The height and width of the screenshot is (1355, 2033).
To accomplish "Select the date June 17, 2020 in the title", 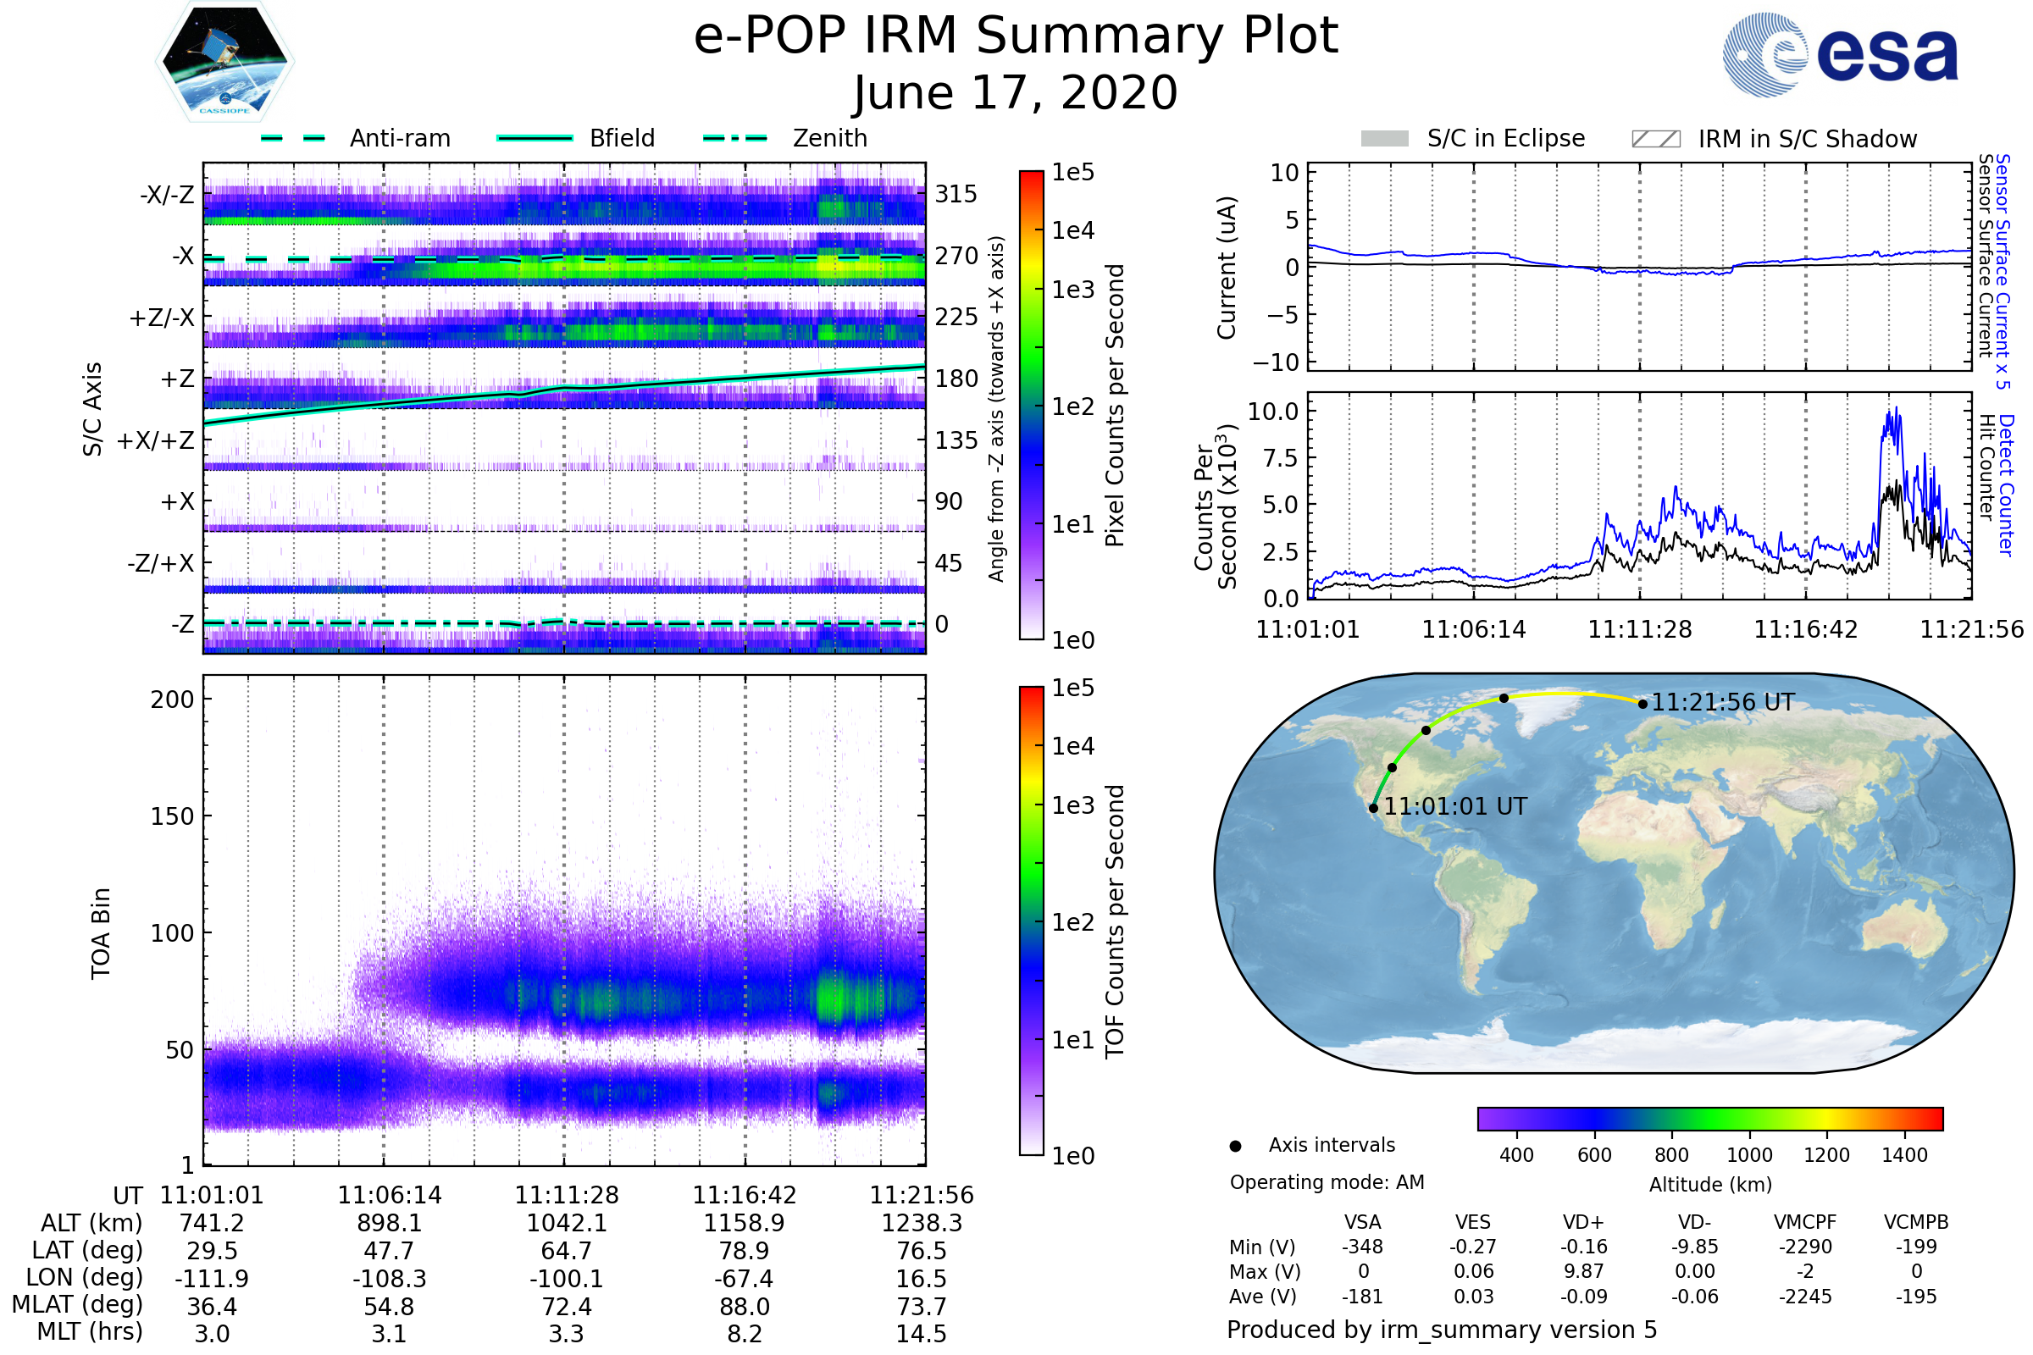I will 1016,93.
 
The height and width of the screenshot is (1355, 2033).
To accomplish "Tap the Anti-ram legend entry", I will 399,138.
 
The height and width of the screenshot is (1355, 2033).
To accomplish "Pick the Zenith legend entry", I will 829,138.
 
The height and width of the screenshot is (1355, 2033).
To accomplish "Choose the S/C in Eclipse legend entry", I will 1505,138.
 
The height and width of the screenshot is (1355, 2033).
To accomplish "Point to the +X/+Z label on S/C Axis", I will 156,440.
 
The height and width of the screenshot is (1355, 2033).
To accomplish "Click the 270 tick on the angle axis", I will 956,256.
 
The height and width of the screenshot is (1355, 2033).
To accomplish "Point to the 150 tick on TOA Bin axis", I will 172,816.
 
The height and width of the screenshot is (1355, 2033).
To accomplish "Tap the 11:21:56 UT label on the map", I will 1723,703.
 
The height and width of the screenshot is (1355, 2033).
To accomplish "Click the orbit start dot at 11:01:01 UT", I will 1373,809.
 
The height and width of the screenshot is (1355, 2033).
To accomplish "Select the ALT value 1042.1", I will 566,1223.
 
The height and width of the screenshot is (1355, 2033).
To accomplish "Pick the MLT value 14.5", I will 921,1333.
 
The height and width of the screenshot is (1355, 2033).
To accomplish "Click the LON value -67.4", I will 744,1278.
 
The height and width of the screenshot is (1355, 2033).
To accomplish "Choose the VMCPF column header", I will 1805,1222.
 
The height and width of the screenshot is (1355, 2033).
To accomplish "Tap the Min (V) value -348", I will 1362,1247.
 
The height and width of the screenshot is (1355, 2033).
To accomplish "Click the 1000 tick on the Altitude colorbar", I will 1748,1155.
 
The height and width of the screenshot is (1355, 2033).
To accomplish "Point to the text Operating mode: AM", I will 1327,1182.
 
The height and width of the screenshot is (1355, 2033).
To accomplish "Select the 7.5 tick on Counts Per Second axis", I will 1280,457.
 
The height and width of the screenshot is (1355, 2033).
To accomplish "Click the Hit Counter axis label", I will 1987,467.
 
